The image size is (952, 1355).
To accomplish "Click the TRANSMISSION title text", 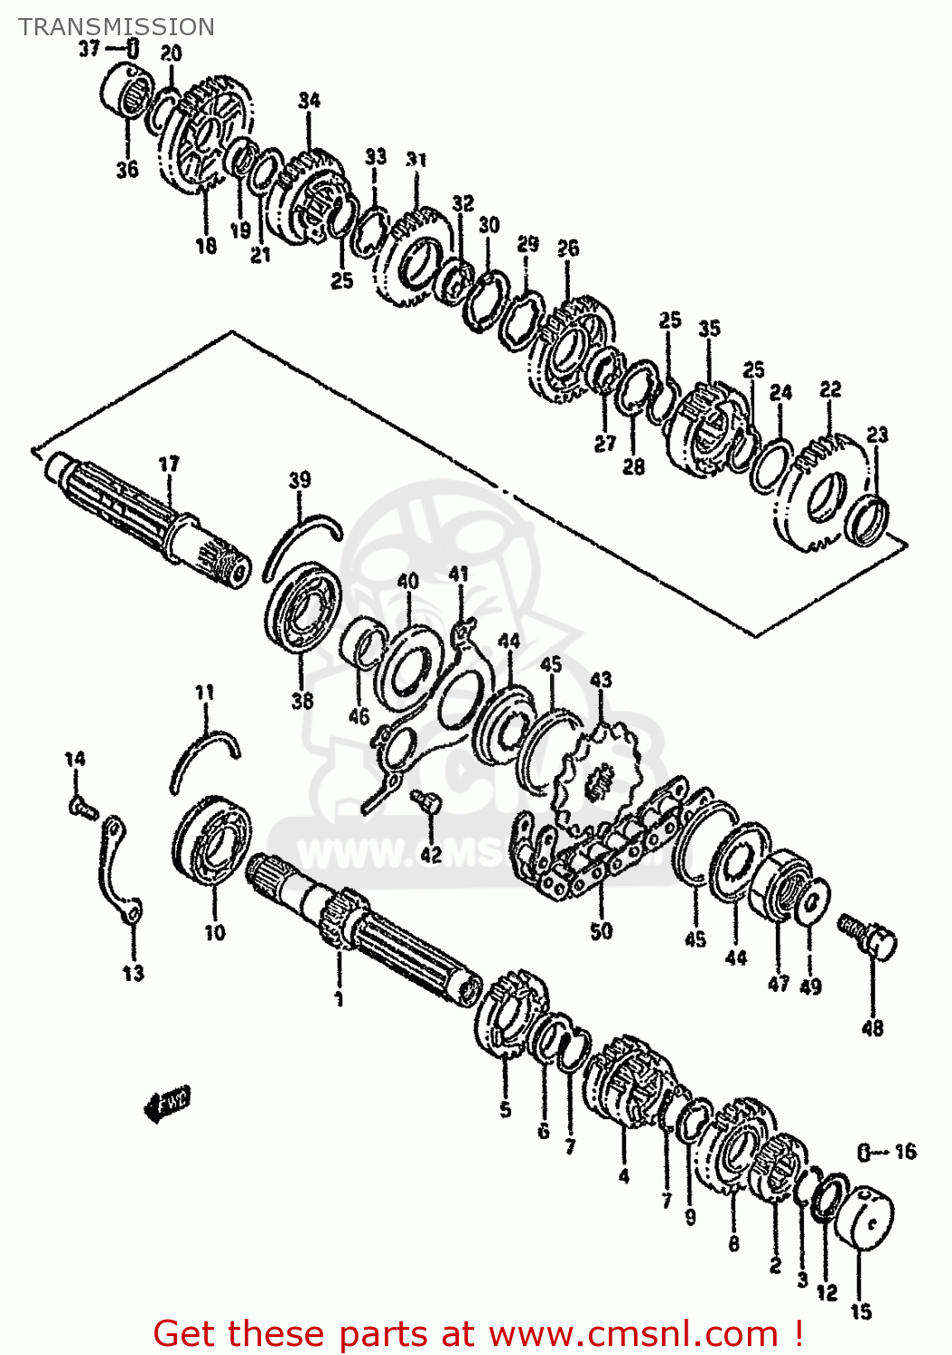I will (117, 27).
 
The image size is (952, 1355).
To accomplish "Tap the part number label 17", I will (169, 464).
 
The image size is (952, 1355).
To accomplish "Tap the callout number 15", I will (861, 1310).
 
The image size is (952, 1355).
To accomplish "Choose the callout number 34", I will (309, 100).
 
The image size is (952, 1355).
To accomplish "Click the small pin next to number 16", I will (863, 1152).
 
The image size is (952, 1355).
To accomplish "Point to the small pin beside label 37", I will (132, 49).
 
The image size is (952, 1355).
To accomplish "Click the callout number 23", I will (877, 435).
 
